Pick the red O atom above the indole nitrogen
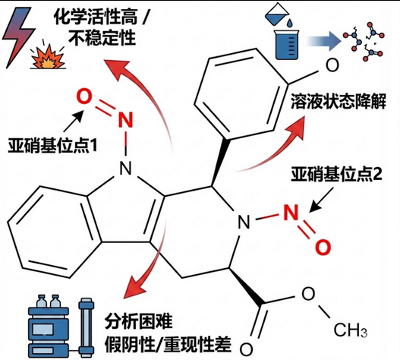coord(85,97)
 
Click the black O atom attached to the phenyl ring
coord(331,64)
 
